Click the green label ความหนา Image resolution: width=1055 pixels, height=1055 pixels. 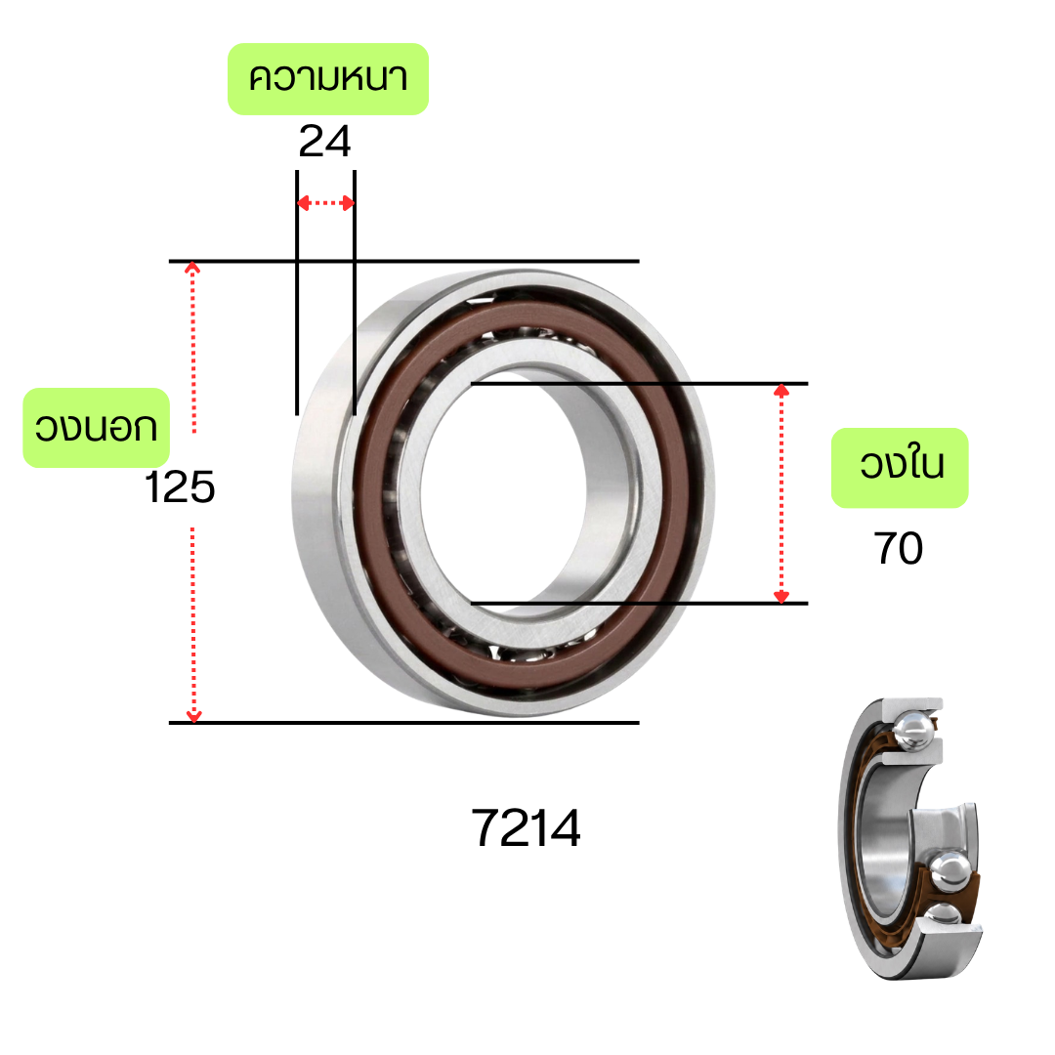(328, 79)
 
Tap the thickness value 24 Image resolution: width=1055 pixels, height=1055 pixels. (324, 142)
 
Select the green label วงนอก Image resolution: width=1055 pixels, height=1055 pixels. (96, 428)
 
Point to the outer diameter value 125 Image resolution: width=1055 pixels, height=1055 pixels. (180, 487)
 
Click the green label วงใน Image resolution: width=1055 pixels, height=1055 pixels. (900, 468)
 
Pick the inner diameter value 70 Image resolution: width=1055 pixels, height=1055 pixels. (899, 548)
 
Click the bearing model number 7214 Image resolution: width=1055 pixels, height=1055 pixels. (526, 828)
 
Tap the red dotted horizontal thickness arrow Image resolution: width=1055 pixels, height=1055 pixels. (325, 202)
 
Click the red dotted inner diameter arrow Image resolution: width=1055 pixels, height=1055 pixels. (781, 494)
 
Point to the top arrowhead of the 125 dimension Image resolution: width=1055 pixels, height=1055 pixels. (192, 268)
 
